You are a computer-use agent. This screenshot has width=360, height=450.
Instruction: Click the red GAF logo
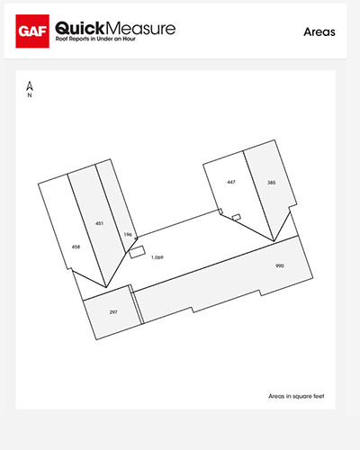click(32, 33)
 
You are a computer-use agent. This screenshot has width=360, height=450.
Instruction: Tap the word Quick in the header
click(84, 29)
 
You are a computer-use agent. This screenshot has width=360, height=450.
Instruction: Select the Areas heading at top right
click(319, 31)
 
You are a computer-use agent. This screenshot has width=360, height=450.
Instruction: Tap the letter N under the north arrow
click(30, 95)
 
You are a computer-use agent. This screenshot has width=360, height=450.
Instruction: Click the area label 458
click(76, 246)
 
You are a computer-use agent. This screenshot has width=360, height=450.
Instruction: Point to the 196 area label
click(127, 234)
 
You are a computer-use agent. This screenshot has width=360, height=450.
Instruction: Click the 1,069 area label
click(157, 257)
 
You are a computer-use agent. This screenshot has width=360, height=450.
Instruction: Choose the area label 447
click(231, 182)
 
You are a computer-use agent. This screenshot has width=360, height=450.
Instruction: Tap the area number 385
click(271, 182)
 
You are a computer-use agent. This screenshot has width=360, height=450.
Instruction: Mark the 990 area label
click(280, 266)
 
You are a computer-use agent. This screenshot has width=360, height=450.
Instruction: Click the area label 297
click(113, 311)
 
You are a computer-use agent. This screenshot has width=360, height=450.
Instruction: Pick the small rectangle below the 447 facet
click(236, 217)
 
